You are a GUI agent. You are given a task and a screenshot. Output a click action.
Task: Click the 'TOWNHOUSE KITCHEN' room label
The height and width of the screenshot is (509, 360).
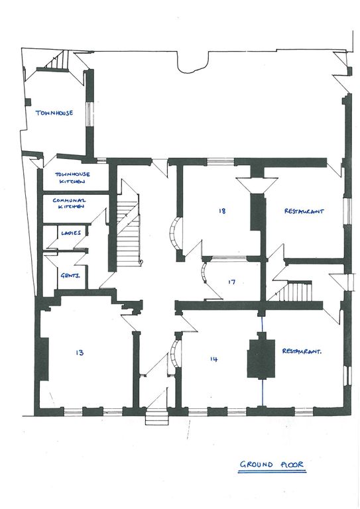click(x=72, y=178)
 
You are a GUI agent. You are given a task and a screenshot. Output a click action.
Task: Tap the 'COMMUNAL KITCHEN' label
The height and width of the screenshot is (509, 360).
click(x=69, y=203)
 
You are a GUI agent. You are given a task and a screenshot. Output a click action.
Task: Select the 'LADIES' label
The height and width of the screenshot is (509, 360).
click(x=71, y=233)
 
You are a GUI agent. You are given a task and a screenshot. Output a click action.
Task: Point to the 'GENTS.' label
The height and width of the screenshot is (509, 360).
click(x=70, y=276)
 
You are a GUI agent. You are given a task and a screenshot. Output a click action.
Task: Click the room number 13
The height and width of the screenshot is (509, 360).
click(x=80, y=352)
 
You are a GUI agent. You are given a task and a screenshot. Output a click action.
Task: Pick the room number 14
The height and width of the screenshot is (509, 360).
click(x=213, y=359)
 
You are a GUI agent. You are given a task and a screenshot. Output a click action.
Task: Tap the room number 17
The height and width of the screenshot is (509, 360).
click(x=231, y=282)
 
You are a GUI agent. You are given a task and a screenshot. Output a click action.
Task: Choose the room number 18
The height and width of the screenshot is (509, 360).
click(x=222, y=211)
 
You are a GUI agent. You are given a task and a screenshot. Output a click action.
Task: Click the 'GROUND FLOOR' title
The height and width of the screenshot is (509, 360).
click(x=272, y=465)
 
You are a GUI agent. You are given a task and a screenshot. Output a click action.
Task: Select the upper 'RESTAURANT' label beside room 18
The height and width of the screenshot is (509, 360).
click(x=304, y=211)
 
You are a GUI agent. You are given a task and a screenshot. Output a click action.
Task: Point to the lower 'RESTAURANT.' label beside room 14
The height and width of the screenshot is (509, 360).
click(x=302, y=351)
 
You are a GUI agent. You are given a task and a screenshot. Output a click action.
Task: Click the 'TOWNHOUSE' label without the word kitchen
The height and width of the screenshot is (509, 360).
click(x=54, y=113)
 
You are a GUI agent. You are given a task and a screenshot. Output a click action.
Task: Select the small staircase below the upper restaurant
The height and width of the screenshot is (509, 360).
click(x=294, y=291)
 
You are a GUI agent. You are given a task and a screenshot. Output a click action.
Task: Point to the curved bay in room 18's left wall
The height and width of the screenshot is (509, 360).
click(x=176, y=233)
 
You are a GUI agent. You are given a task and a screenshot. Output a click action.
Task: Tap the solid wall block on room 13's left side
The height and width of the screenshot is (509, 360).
click(x=42, y=359)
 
